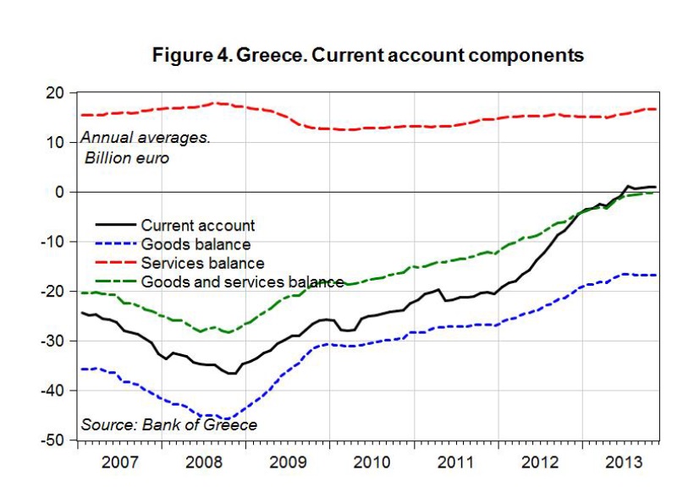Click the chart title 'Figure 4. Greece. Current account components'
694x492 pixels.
click(x=367, y=57)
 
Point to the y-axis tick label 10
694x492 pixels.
click(x=56, y=142)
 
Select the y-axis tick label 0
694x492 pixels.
click(x=60, y=192)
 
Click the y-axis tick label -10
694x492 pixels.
click(x=53, y=242)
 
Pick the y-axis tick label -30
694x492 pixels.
click(x=53, y=341)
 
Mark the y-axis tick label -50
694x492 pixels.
click(x=53, y=440)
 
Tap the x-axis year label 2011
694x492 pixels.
click(x=457, y=462)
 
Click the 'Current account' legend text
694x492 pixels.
click(x=198, y=226)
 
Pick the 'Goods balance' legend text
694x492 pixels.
click(x=196, y=244)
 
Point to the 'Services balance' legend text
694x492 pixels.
click(x=202, y=263)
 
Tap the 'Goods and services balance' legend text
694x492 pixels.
click(x=242, y=282)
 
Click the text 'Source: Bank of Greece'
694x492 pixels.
click(x=169, y=424)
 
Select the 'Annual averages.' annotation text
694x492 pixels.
click(x=146, y=139)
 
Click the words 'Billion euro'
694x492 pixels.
click(x=127, y=157)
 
